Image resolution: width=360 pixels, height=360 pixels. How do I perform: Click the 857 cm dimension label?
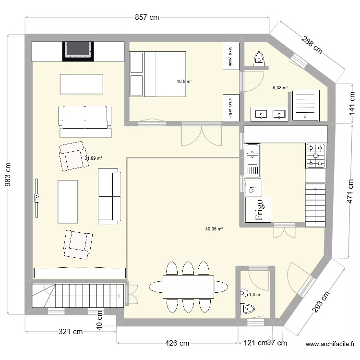click(147, 17)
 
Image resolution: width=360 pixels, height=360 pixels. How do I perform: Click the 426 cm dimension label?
click(178, 343)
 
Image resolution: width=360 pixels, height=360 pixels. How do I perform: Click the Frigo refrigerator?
click(258, 210)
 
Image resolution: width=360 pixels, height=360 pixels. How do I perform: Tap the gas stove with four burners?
click(315, 156)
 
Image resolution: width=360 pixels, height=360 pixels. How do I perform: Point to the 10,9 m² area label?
click(184, 82)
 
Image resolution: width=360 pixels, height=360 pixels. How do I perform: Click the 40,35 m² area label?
click(214, 229)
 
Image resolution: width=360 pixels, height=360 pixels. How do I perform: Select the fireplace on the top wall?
click(78, 50)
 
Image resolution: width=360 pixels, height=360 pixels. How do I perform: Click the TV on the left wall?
click(36, 197)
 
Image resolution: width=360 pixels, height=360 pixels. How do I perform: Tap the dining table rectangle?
click(188, 287)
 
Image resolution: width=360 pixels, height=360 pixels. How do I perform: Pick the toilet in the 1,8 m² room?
click(249, 309)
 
